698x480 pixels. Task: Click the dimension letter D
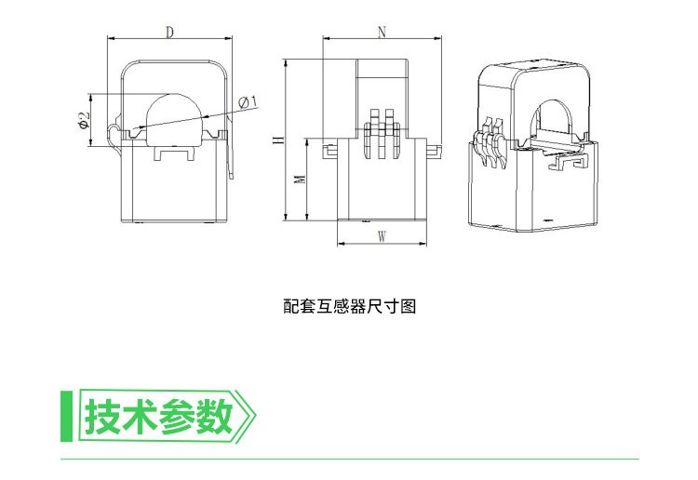click(169, 32)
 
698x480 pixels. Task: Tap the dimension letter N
click(382, 32)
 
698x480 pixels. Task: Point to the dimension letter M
click(299, 179)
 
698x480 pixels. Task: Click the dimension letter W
click(382, 236)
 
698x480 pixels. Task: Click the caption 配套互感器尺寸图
click(348, 304)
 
